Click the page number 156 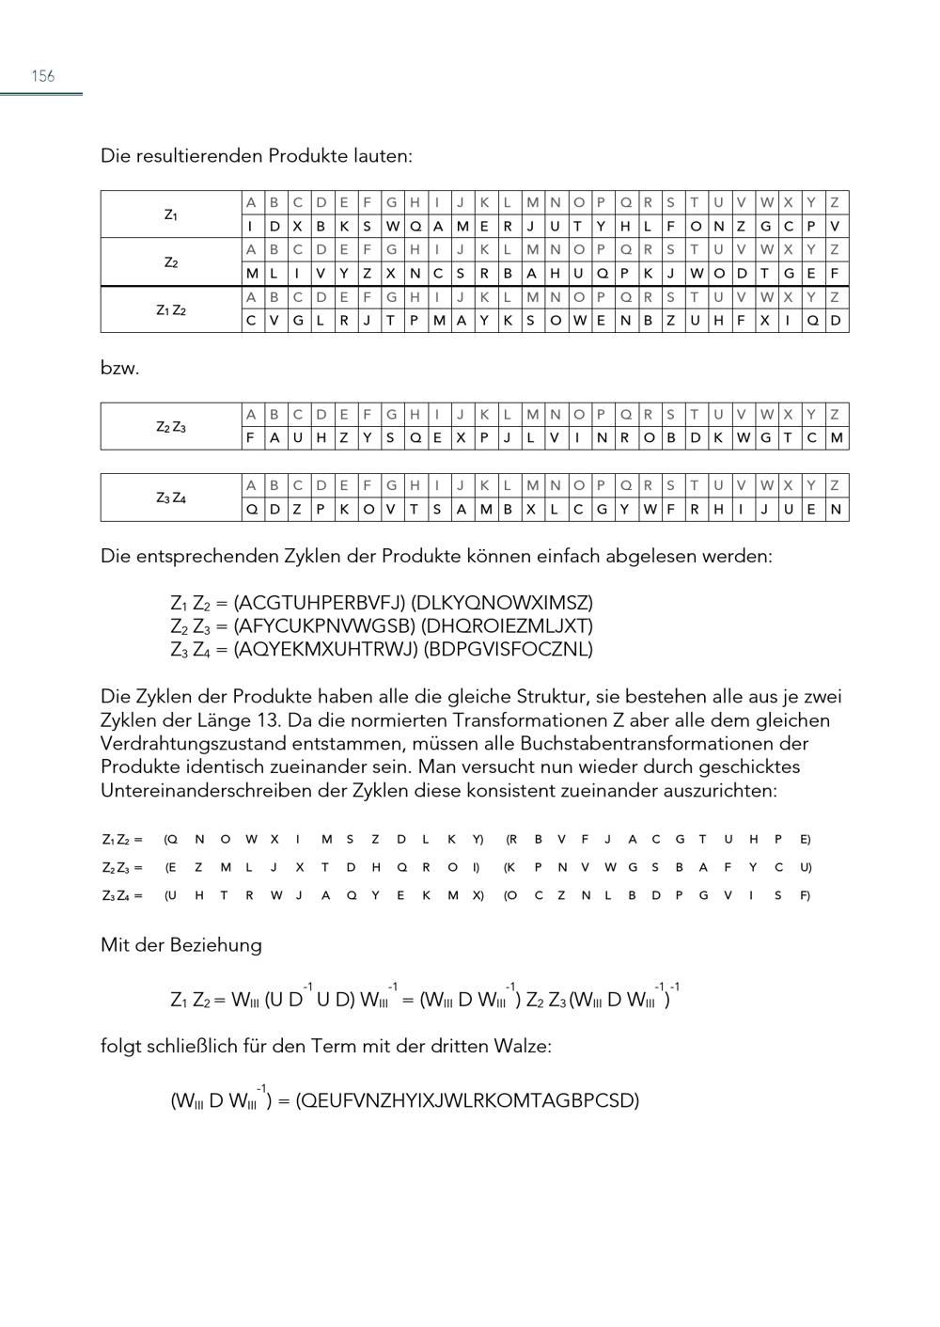[43, 76]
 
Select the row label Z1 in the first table [170, 214]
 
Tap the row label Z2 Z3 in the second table [170, 427]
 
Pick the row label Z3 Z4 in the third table [170, 498]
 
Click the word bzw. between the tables [119, 368]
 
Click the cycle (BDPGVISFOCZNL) [509, 649]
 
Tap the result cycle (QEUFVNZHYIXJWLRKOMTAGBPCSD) [467, 1100]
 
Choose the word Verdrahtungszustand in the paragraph [194, 744]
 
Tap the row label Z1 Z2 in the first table [170, 309]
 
